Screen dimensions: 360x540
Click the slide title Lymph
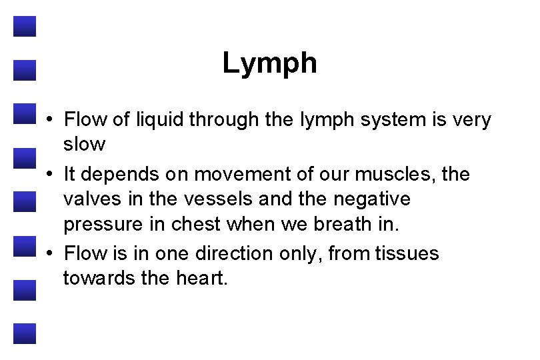[x=269, y=64]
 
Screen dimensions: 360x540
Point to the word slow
[x=84, y=143]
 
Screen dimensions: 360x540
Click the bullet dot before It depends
[x=51, y=175]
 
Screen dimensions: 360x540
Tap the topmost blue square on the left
[x=24, y=27]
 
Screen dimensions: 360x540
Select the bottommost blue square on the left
[x=24, y=333]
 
